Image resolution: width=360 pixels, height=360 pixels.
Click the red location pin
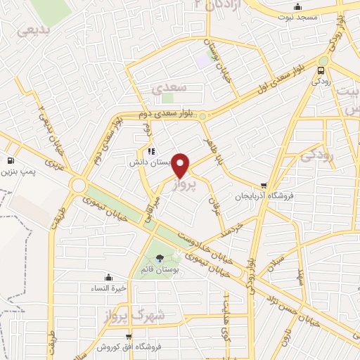click(181, 165)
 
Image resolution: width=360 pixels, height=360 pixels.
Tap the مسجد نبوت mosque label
click(298, 16)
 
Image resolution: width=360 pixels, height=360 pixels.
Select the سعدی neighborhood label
click(167, 87)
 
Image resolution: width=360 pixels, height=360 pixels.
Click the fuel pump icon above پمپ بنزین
click(11, 159)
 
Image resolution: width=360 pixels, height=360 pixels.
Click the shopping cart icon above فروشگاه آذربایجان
click(264, 185)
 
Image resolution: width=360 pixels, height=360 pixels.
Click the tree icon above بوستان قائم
click(160, 258)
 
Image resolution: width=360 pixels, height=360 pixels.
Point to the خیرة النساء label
click(108, 288)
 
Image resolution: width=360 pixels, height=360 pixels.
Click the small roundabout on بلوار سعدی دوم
click(202, 116)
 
